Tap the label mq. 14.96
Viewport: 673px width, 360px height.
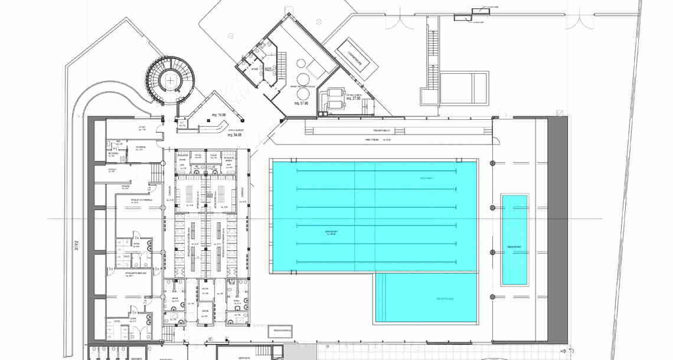point(219,114)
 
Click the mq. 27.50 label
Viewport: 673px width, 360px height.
point(353,98)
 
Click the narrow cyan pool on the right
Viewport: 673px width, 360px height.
point(514,239)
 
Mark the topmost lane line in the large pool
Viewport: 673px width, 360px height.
point(375,171)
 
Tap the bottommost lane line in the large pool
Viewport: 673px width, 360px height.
point(375,261)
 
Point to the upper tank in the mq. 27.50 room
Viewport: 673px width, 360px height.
point(331,92)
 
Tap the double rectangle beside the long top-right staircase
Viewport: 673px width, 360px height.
point(464,89)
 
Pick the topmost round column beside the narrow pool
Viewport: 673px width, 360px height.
point(492,163)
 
